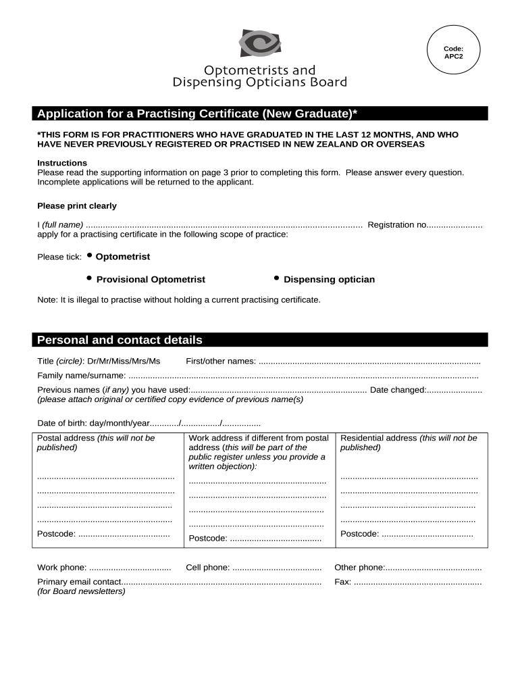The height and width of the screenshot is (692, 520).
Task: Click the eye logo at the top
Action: pyautogui.click(x=259, y=43)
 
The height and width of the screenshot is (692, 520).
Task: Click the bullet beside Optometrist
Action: pyautogui.click(x=89, y=256)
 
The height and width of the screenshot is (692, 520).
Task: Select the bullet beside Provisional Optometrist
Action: pyautogui.click(x=89, y=278)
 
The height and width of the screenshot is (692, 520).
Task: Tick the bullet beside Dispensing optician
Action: pyautogui.click(x=276, y=278)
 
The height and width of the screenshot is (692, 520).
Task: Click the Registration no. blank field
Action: pyautogui.click(x=454, y=225)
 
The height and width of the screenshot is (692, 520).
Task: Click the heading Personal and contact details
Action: pyautogui.click(x=120, y=340)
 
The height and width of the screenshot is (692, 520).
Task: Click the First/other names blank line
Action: pyautogui.click(x=369, y=362)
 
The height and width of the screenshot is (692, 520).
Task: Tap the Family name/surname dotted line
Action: pyautogui.click(x=303, y=376)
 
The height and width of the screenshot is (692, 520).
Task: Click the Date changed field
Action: pyautogui.click(x=454, y=390)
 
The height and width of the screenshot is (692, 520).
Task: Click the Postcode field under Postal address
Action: pyautogui.click(x=124, y=535)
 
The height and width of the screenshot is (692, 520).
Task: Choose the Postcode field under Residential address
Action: pyautogui.click(x=427, y=535)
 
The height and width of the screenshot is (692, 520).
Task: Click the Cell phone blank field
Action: pyautogui.click(x=277, y=568)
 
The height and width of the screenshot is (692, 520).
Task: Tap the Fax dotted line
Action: pyautogui.click(x=418, y=582)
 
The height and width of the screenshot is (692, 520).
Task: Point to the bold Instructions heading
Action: pyautogui.click(x=62, y=163)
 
